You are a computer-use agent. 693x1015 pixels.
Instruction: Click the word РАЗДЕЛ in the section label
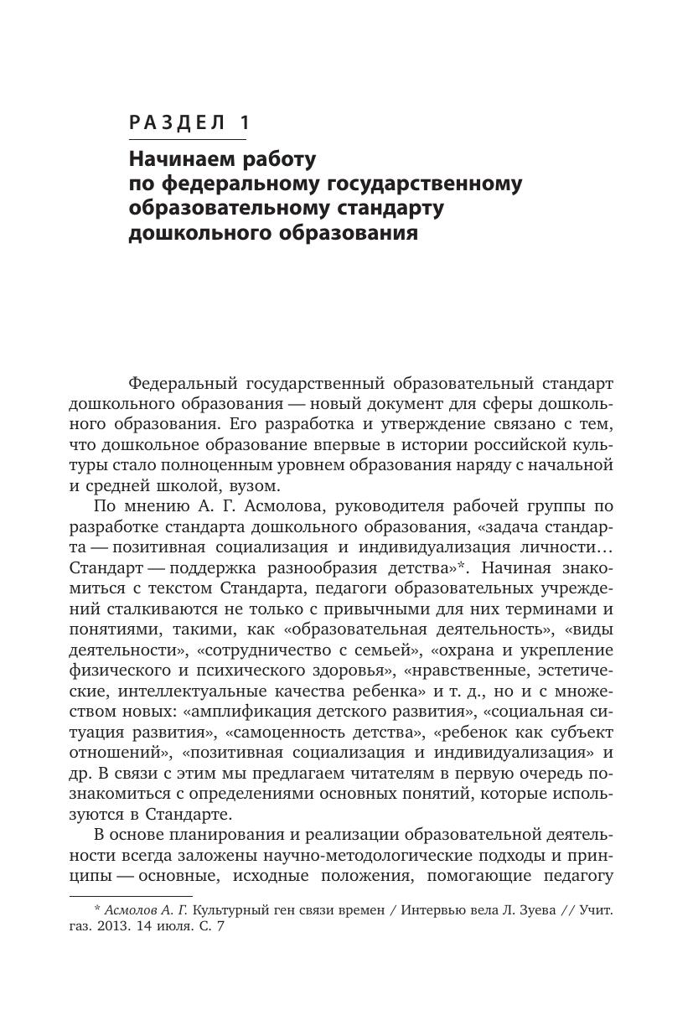[x=176, y=122]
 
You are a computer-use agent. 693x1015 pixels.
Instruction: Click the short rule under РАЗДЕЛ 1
[x=188, y=139]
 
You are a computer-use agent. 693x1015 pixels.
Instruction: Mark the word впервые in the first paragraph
[x=354, y=444]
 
